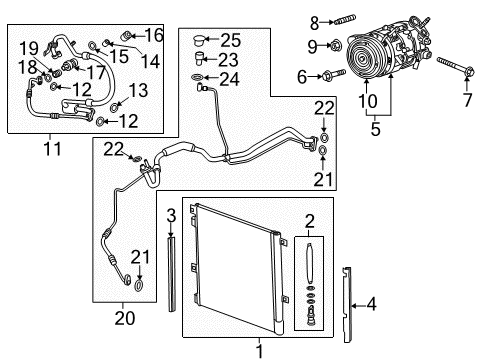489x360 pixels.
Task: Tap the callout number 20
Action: click(x=124, y=318)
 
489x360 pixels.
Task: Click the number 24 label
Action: click(x=232, y=81)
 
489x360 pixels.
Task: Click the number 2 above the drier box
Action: click(x=309, y=221)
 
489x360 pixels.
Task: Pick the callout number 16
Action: click(x=154, y=35)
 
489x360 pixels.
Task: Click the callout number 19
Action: click(x=27, y=46)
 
